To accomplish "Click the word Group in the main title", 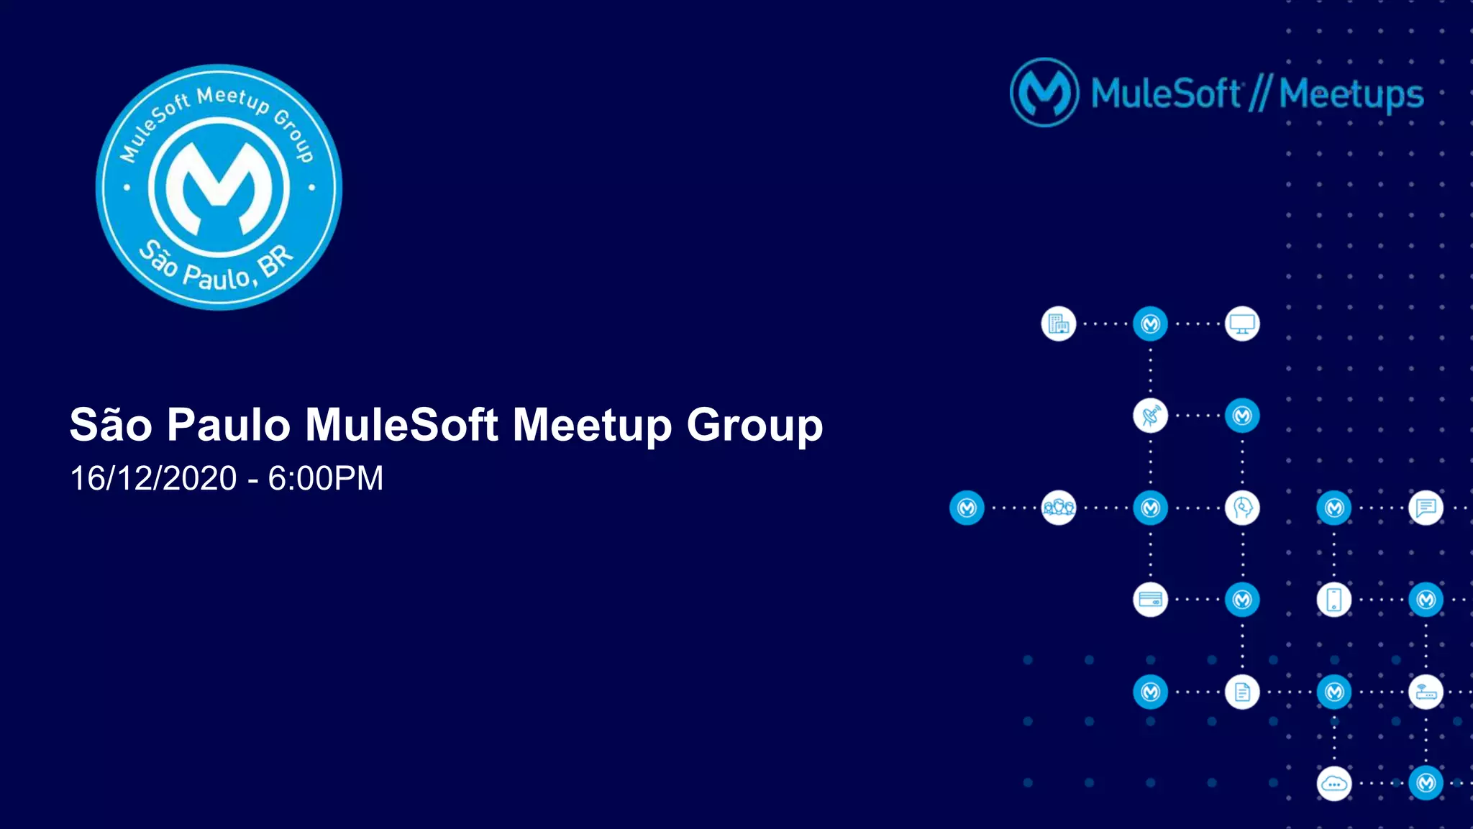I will pyautogui.click(x=754, y=425).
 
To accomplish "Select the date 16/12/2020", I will pyautogui.click(x=153, y=478).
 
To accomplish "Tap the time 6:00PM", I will pyautogui.click(x=326, y=478).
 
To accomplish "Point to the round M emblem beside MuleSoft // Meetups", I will pyautogui.click(x=1044, y=93).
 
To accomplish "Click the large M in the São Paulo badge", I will pyautogui.click(x=219, y=188).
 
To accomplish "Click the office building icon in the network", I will pyautogui.click(x=1058, y=324).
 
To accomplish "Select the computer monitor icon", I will pyautogui.click(x=1242, y=324).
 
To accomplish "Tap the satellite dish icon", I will pyautogui.click(x=1150, y=416).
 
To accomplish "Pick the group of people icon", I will pyautogui.click(x=1058, y=508).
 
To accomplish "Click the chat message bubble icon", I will pyautogui.click(x=1426, y=508).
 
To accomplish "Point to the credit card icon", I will pyautogui.click(x=1150, y=600).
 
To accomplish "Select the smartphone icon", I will pyautogui.click(x=1333, y=600).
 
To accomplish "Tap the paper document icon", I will pyautogui.click(x=1242, y=692).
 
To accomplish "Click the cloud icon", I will pyautogui.click(x=1333, y=784).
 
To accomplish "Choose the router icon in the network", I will pyautogui.click(x=1426, y=692).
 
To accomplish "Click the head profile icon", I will pyautogui.click(x=1242, y=508).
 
